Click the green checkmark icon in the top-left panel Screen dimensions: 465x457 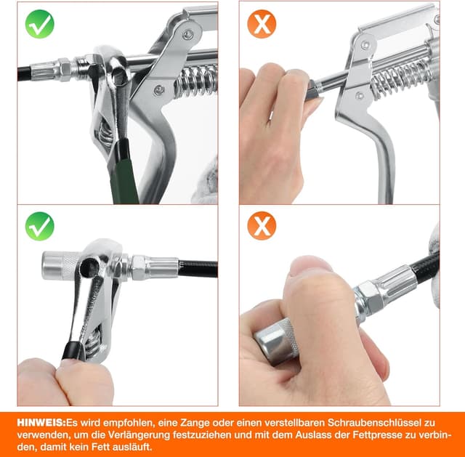tap(40, 24)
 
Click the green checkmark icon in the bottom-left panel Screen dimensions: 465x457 tap(40, 226)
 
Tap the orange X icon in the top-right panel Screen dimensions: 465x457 tap(262, 24)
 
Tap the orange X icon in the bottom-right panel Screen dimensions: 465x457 tap(262, 226)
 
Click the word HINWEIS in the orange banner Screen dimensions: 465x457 tap(41, 423)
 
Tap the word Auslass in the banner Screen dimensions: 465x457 tap(313, 435)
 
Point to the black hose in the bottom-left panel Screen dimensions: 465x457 tap(198, 269)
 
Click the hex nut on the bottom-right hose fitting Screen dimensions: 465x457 tap(367, 296)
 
